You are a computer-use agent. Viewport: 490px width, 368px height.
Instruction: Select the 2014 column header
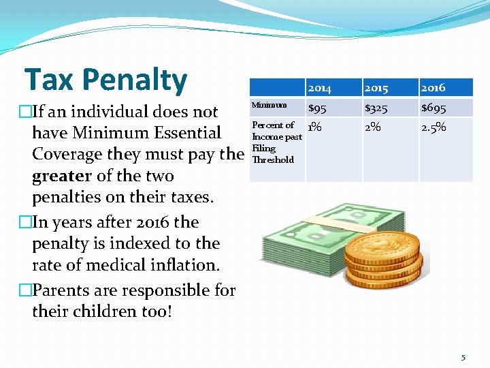click(319, 88)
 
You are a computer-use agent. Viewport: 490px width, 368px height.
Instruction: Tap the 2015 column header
click(376, 88)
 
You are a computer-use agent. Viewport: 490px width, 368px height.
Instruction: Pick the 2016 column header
click(433, 88)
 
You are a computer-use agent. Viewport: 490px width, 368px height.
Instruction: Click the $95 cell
click(316, 108)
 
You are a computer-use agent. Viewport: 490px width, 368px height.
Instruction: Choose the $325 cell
click(376, 108)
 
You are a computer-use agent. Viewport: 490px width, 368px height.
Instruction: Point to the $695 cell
click(434, 108)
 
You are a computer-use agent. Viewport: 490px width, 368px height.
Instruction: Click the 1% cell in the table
click(314, 127)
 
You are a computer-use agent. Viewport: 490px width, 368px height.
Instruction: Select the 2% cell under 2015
click(373, 127)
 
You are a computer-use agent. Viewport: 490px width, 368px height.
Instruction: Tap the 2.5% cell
click(434, 127)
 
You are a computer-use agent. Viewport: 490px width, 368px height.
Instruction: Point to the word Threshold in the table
click(273, 160)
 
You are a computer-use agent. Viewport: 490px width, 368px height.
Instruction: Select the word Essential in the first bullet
click(184, 133)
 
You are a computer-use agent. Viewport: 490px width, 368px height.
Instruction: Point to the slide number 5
click(463, 356)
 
